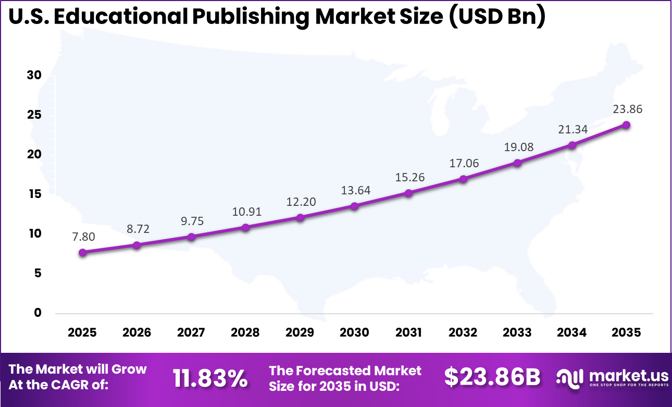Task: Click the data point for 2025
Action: (x=82, y=252)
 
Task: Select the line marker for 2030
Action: (x=354, y=206)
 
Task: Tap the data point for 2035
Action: (x=626, y=125)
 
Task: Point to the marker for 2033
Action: (x=517, y=163)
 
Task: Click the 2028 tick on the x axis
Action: (x=245, y=332)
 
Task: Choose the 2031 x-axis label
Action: (x=408, y=332)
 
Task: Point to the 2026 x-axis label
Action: (x=136, y=332)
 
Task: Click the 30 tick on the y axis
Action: (x=34, y=76)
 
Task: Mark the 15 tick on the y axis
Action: (x=34, y=194)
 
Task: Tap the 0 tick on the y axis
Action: (x=38, y=313)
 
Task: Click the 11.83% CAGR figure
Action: (x=210, y=378)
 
